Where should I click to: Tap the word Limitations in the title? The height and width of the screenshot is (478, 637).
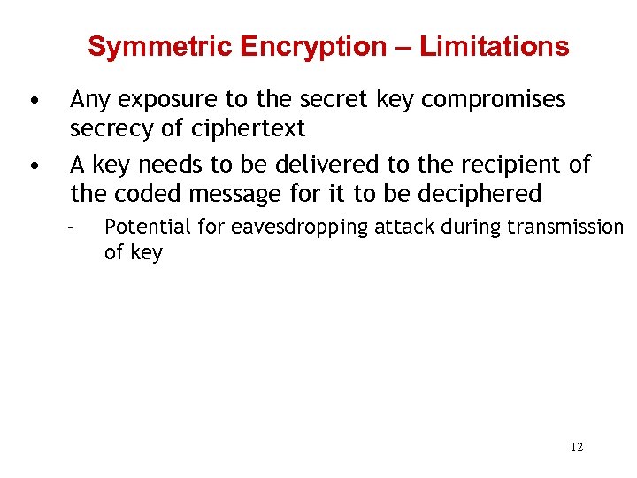click(x=494, y=46)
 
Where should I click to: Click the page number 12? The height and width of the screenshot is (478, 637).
click(x=577, y=447)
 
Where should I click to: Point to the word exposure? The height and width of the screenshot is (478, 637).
click(x=153, y=101)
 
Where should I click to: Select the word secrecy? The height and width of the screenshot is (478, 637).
click(x=110, y=129)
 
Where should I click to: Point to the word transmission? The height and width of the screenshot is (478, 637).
click(x=564, y=227)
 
